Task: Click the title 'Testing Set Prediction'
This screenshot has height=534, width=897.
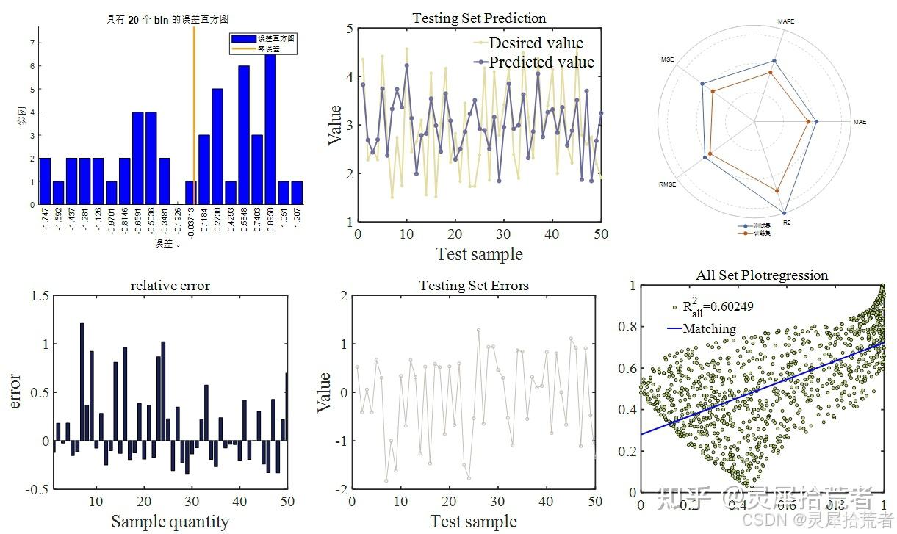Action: pos(479,18)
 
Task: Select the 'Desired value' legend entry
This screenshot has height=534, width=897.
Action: pos(536,43)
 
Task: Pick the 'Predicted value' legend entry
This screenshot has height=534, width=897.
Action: pos(541,62)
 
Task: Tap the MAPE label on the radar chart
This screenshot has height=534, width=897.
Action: pos(785,22)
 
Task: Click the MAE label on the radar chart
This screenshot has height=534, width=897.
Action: pos(860,122)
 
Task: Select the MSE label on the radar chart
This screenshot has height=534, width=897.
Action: pos(667,59)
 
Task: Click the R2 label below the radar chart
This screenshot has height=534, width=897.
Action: pos(788,220)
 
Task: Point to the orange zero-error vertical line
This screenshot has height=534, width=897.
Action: pos(194,110)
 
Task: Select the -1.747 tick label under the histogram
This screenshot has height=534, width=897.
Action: pos(46,220)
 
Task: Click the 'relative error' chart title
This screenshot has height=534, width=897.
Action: pos(170,286)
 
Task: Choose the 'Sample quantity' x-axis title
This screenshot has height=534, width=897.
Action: pos(170,522)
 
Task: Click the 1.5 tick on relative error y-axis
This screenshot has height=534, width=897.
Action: pos(41,296)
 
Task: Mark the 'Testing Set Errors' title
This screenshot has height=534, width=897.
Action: pos(474,286)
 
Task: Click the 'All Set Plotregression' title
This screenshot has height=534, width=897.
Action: pos(762,275)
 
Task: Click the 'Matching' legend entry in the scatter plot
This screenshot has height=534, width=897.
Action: pos(709,328)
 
